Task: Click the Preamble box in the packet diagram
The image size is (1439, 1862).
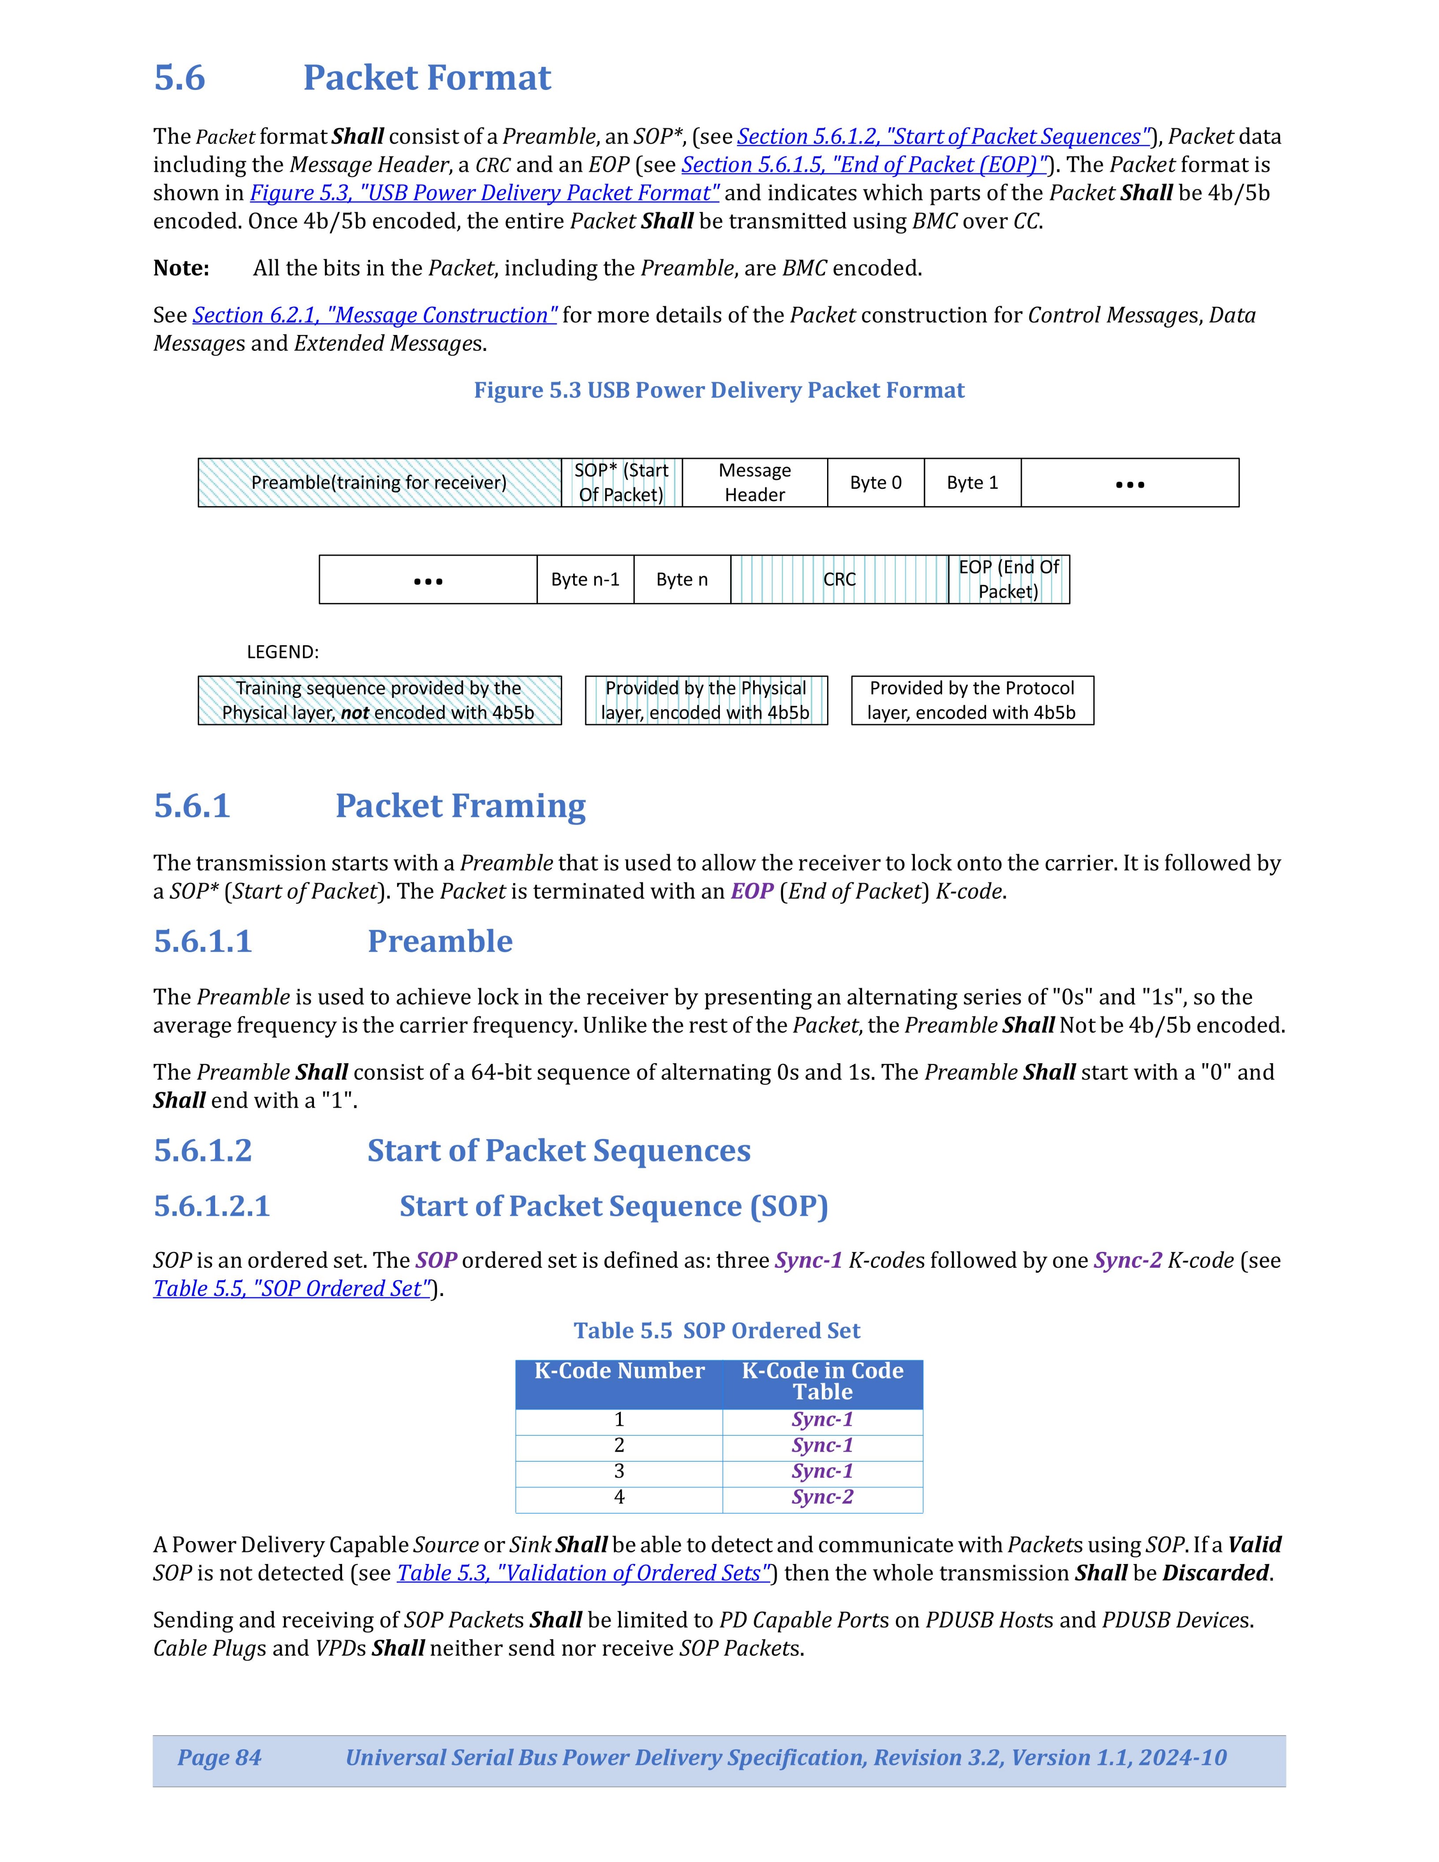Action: click(379, 483)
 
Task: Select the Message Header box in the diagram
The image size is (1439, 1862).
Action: click(754, 483)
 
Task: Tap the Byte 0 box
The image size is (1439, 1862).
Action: click(876, 483)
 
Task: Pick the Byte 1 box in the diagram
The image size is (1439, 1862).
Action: click(972, 483)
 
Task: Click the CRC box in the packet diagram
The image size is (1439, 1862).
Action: click(839, 580)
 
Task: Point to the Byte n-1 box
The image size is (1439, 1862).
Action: click(585, 580)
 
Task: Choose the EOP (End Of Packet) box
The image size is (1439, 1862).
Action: click(1009, 580)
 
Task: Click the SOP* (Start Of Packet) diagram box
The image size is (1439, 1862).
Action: click(622, 483)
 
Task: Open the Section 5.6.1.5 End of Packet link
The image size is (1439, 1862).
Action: click(864, 164)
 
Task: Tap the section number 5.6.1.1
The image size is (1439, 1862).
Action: click(203, 941)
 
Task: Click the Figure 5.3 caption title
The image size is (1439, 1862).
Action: click(719, 391)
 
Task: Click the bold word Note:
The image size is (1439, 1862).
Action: click(181, 268)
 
